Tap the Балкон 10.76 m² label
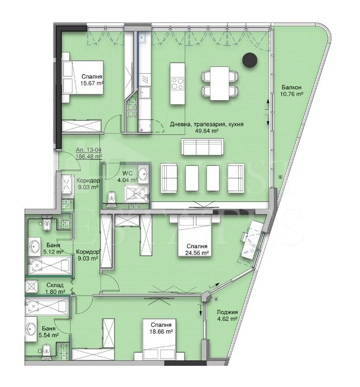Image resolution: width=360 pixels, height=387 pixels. (292, 91)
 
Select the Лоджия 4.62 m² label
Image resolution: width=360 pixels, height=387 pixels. (228, 316)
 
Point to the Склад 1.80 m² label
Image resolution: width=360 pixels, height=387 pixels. (55, 288)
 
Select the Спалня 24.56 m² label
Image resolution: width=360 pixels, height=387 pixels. (198, 249)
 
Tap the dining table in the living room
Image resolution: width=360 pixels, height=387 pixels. (219, 82)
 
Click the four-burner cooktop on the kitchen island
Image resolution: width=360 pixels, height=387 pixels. (177, 84)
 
